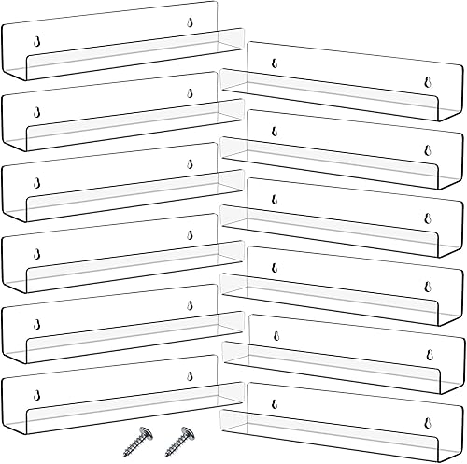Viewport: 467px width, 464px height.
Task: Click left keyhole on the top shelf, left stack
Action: tap(38, 41)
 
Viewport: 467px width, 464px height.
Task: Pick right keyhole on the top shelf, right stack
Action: tap(426, 80)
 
